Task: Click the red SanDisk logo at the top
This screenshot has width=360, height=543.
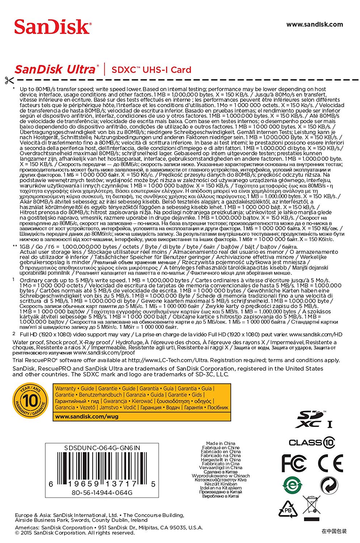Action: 52,27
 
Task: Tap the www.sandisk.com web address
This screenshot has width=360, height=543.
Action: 314,25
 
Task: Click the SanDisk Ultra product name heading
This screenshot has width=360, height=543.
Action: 56,69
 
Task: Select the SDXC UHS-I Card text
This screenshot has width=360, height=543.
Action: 151,70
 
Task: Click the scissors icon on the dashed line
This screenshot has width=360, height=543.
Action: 9,80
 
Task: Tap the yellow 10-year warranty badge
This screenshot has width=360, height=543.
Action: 30,401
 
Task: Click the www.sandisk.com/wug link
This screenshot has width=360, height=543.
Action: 86,416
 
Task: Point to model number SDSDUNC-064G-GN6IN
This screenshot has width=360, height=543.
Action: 102,448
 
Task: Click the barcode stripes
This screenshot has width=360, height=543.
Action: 102,467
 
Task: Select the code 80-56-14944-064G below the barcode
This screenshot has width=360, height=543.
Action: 102,493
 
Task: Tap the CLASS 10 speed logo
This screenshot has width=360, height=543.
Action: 312,442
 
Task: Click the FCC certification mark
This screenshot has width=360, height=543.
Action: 294,463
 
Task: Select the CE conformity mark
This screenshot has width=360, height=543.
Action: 330,463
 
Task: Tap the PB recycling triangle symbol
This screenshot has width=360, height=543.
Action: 288,510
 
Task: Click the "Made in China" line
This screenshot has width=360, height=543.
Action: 220,443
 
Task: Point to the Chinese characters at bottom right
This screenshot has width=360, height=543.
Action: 334,531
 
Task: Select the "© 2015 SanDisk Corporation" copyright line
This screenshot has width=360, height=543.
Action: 75,533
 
